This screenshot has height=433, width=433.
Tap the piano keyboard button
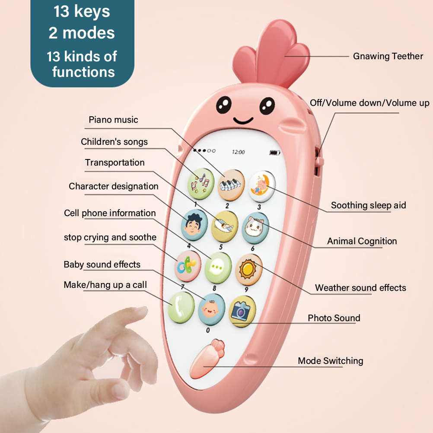231,185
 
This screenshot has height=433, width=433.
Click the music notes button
201,184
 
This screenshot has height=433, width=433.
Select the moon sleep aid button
261,187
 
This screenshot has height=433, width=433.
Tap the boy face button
194,225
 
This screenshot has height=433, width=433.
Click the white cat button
255,228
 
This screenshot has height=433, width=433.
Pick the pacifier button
188,266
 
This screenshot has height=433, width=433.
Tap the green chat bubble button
218,267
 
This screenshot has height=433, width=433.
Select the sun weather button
248,270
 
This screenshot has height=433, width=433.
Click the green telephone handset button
181,307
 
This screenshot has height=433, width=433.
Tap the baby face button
211,309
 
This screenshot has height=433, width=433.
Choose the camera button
242,311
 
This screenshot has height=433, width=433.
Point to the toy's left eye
224,105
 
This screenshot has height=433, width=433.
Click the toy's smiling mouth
243,121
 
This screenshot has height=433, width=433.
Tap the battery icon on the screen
274,153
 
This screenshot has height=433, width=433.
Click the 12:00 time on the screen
238,152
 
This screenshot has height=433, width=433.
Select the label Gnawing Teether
388,56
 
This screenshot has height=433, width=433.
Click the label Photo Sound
334,318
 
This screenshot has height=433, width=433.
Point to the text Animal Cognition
362,242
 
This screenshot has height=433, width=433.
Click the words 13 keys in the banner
82,12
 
